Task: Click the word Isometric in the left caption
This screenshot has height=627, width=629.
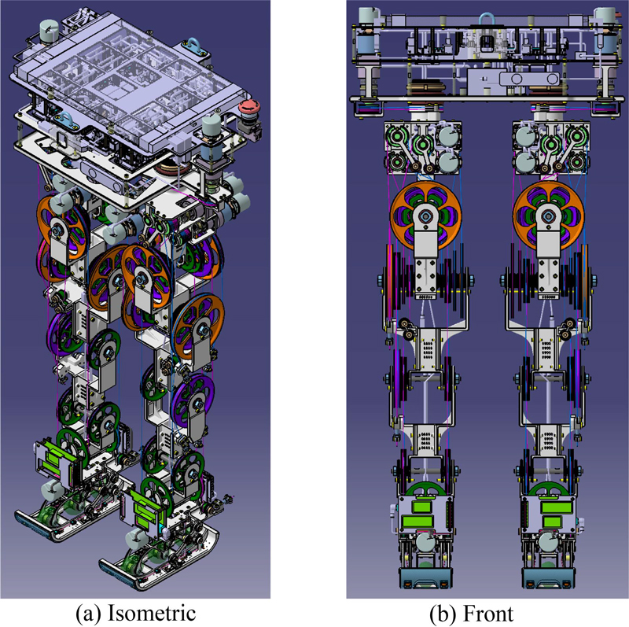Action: (x=152, y=614)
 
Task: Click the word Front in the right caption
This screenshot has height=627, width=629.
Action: (x=487, y=614)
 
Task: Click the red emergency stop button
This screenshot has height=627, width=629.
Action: (x=249, y=108)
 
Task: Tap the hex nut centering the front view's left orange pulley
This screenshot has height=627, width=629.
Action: (x=425, y=217)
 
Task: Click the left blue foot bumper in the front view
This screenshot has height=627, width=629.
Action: (x=425, y=578)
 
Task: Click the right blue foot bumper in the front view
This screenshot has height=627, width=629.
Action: (x=548, y=578)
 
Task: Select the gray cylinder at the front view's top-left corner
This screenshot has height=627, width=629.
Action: (x=367, y=16)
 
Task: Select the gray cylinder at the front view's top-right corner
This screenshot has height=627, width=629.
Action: (x=605, y=16)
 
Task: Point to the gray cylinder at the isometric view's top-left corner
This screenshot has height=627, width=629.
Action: (x=49, y=29)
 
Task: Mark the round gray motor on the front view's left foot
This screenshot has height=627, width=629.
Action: (x=425, y=541)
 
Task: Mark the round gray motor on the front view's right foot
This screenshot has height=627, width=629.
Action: (x=548, y=541)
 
